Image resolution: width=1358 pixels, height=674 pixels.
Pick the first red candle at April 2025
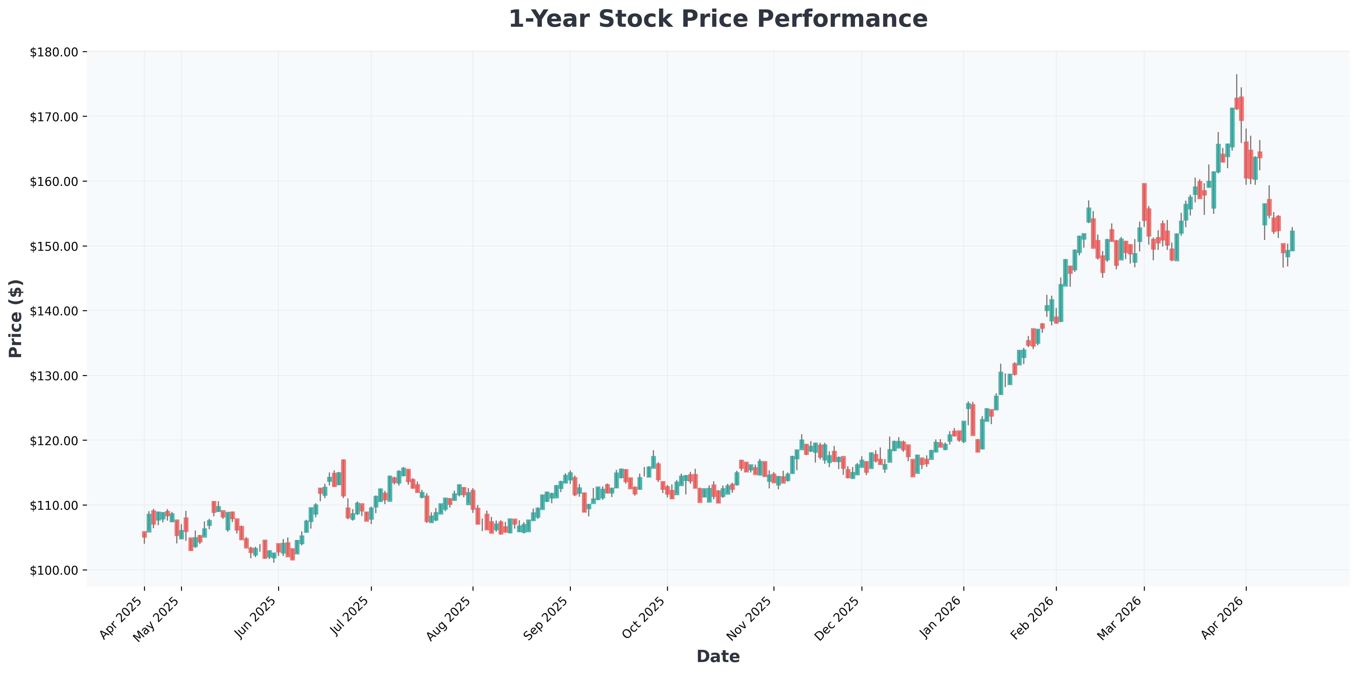click(x=144, y=534)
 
